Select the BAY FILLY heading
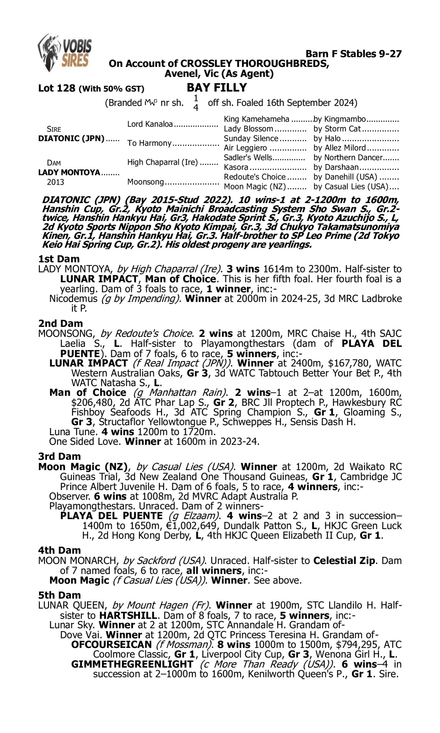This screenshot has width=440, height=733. tap(217, 88)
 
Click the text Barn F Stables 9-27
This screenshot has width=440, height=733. tap(353, 54)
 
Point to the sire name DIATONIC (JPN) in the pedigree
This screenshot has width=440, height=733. tap(71, 139)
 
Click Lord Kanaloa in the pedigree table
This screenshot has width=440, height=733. tap(150, 124)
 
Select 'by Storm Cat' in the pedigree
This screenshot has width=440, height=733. tap(337, 129)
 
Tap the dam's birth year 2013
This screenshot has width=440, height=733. tap(55, 182)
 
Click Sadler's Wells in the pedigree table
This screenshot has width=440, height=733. tap(248, 158)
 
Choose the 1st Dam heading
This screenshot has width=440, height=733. tap(59, 259)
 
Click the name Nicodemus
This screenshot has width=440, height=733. tap(73, 299)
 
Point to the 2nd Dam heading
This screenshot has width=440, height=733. tap(60, 323)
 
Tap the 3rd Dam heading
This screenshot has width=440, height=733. tap(60, 456)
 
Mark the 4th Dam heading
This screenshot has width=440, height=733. tap(60, 550)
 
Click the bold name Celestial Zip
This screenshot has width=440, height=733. tap(344, 561)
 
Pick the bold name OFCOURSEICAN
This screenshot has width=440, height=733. tap(111, 644)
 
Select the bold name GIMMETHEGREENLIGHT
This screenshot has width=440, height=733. tap(132, 664)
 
